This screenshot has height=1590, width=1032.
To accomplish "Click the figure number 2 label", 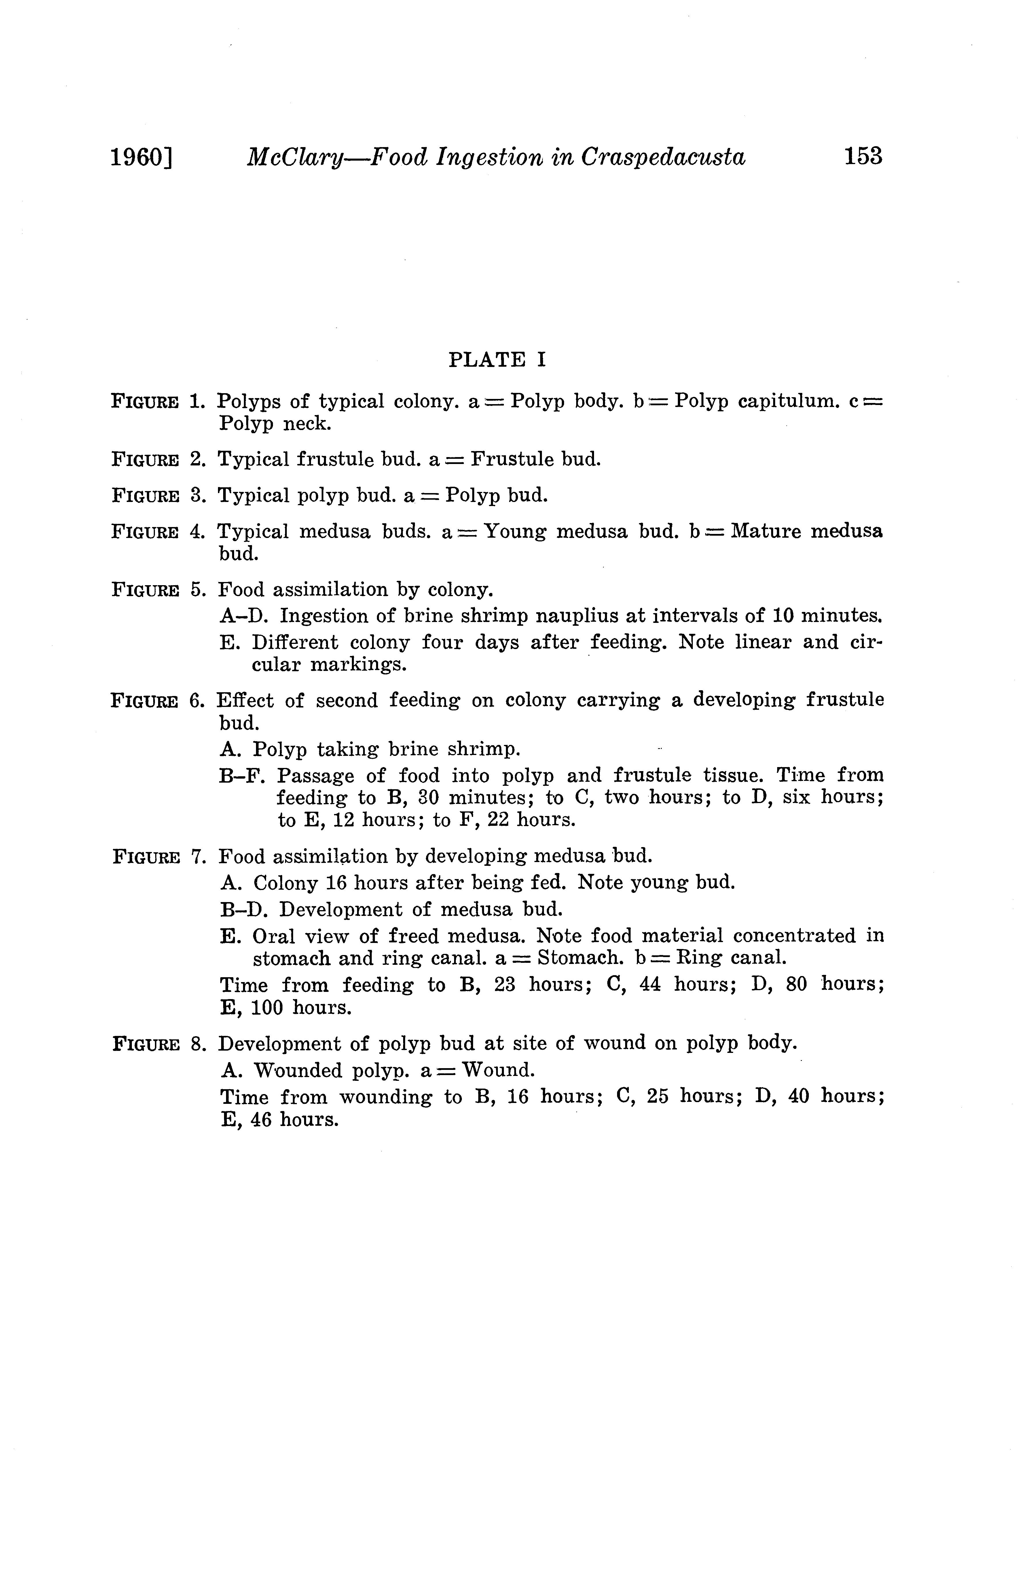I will [x=196, y=460].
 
